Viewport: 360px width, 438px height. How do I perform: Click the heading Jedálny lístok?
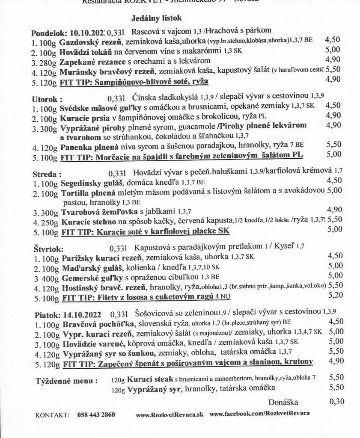tap(156, 18)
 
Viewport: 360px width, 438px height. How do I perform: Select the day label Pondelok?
tap(47, 33)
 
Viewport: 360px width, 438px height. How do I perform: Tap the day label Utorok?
tap(45, 98)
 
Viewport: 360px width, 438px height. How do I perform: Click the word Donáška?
tap(283, 402)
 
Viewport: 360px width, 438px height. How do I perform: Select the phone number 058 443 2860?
tap(96, 415)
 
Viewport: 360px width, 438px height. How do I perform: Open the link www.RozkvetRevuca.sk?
tap(169, 415)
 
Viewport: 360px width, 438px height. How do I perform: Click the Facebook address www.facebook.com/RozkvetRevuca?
tap(260, 415)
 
